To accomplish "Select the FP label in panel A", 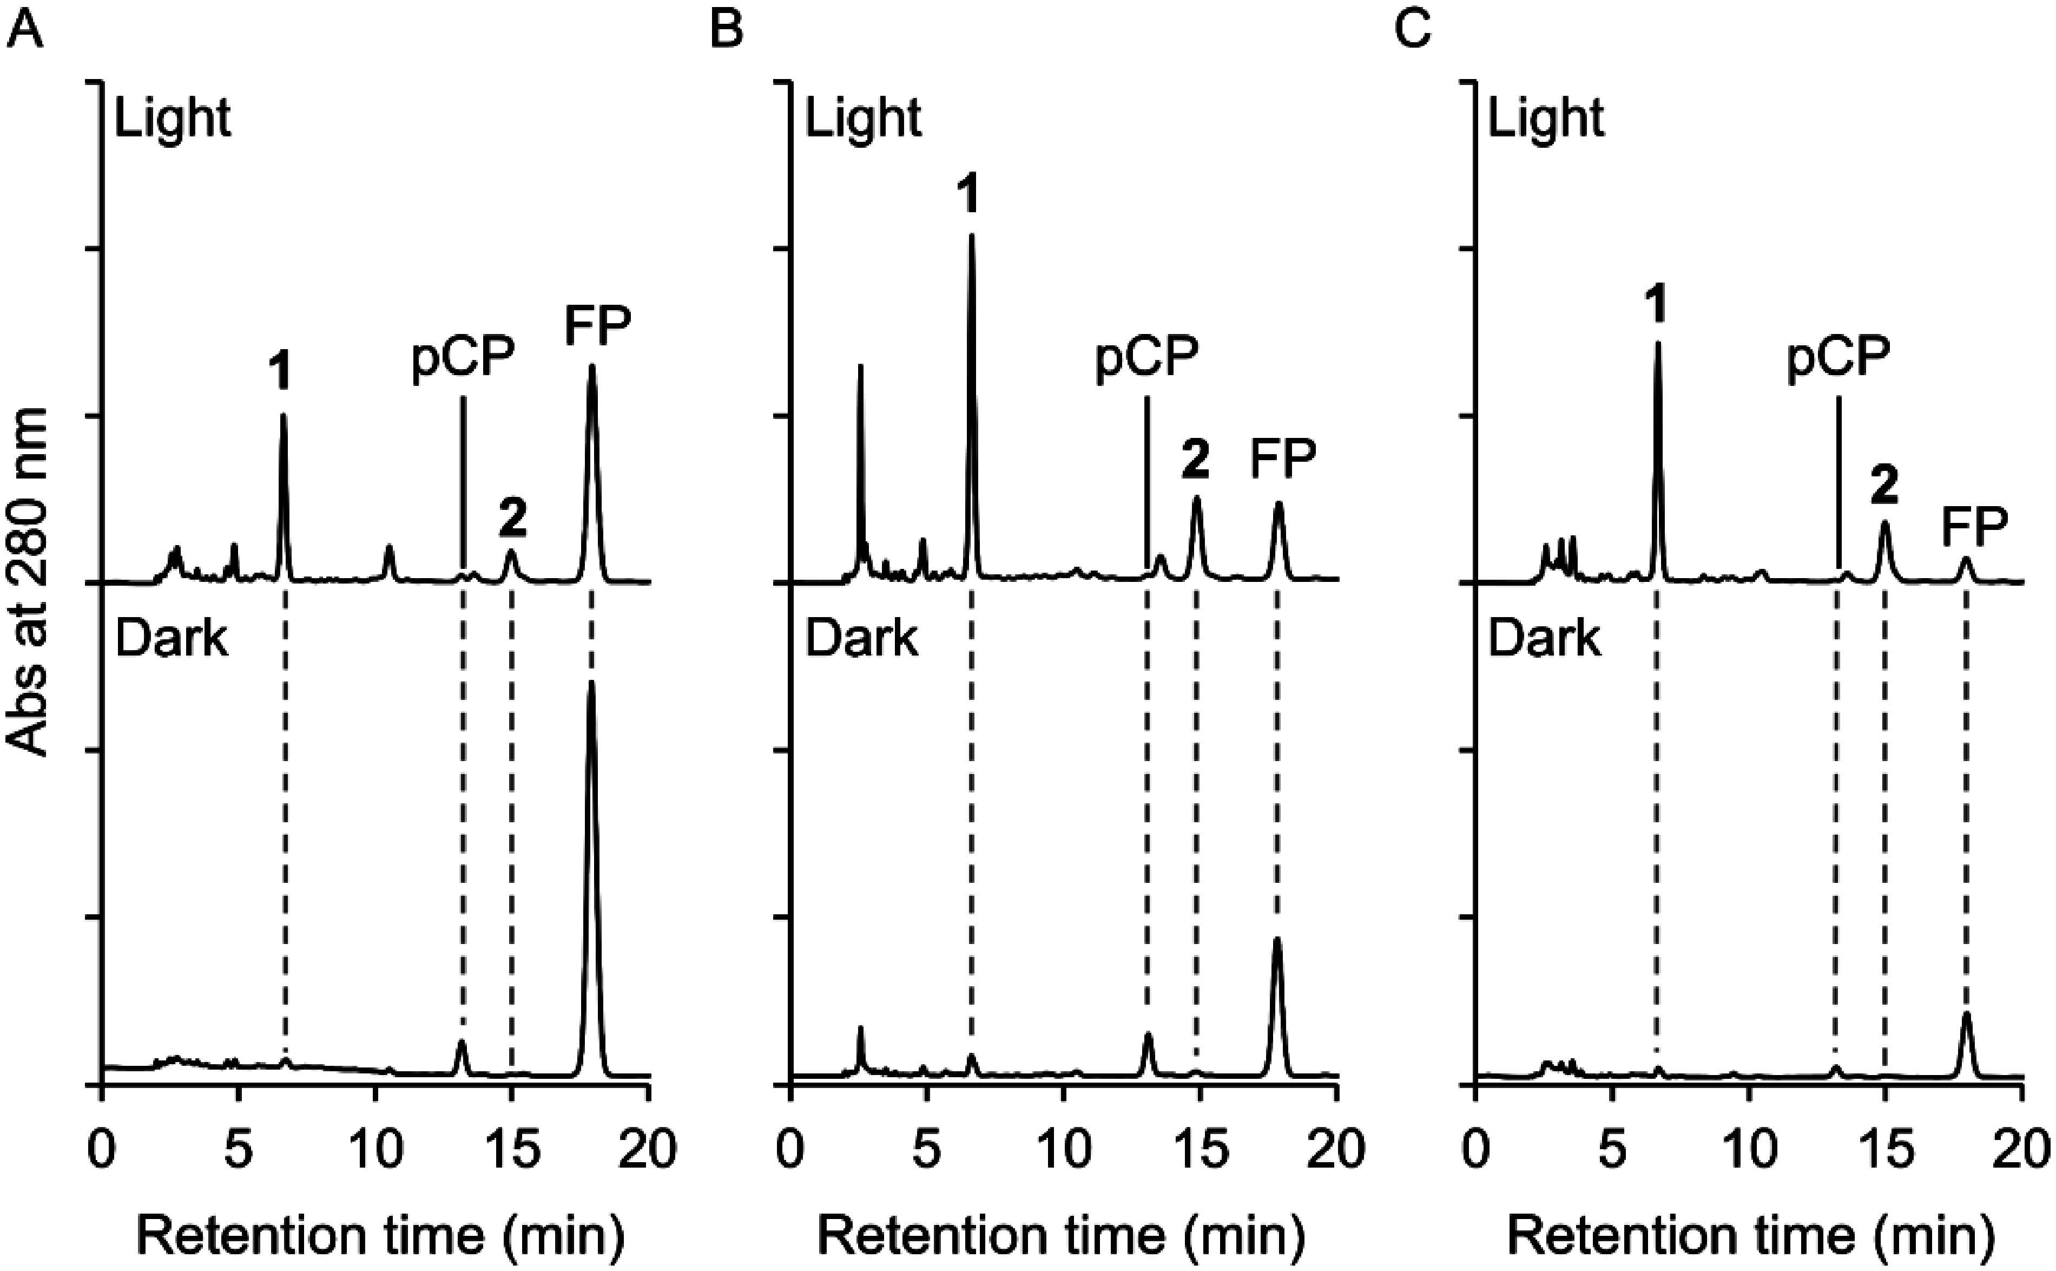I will pos(597,326).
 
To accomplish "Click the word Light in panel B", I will pos(863,117).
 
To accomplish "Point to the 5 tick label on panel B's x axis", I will pos(925,1150).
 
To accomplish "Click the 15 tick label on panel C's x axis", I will pos(1884,1150).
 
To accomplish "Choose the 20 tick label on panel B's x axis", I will pos(1335,1150).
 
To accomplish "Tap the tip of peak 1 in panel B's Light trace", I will pos(971,235).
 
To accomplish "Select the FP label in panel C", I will pos(1974,527).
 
